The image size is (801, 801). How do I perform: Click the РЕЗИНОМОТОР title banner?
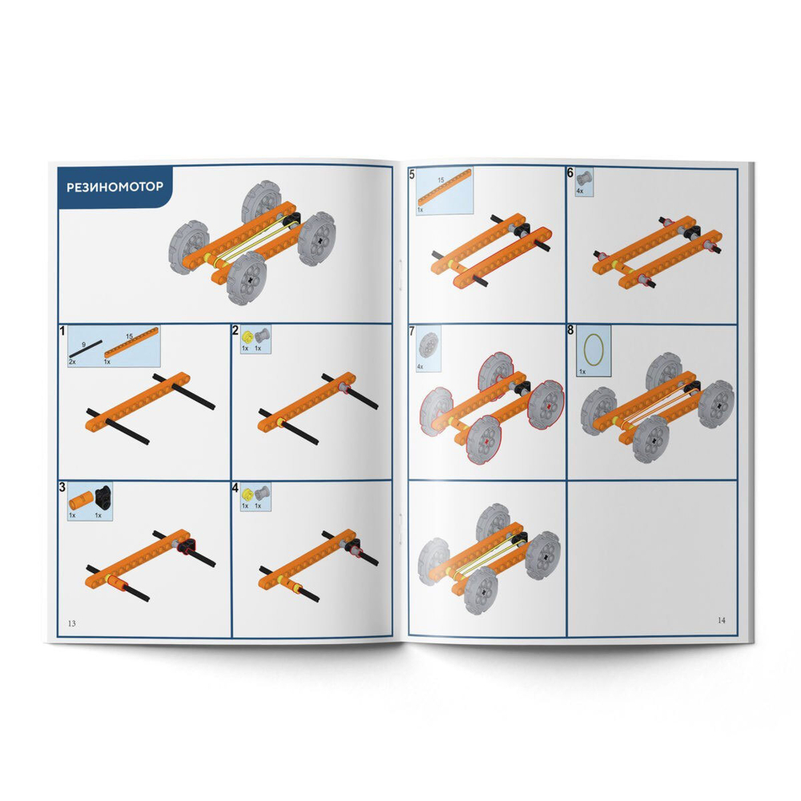pos(115,187)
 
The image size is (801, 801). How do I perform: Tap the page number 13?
pos(71,623)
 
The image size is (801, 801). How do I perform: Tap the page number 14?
pos(722,620)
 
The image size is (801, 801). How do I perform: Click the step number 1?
pos(62,331)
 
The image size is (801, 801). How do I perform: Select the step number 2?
pos(235,330)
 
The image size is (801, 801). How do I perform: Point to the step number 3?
pos(62,487)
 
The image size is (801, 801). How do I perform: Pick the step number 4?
pos(235,488)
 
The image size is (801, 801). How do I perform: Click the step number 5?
pos(412,175)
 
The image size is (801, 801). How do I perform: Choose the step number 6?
pos(570,173)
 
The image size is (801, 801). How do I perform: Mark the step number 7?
pos(412,332)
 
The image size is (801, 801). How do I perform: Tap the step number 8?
pos(570,330)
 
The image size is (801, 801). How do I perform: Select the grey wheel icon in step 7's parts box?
pos(429,345)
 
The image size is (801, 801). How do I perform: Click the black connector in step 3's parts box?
pos(103,497)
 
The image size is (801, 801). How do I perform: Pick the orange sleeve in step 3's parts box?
pos(79,501)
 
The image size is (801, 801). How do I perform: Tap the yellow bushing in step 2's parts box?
pos(248,336)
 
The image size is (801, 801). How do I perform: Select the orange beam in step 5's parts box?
pos(443,193)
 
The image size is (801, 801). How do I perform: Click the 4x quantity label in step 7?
pos(421,366)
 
